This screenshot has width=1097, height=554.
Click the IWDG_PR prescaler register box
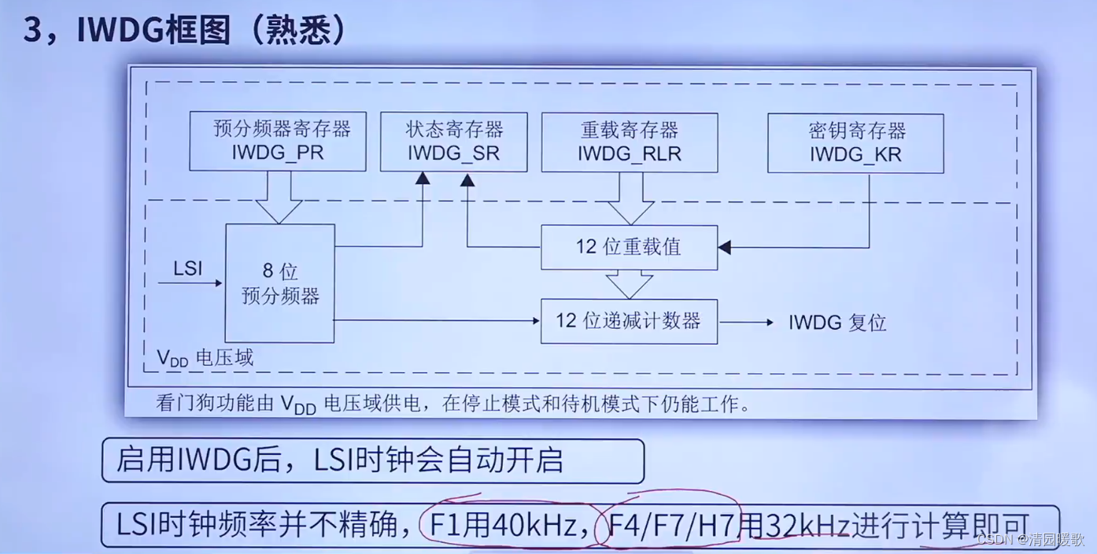click(x=278, y=142)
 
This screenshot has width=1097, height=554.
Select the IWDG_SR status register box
click(x=454, y=142)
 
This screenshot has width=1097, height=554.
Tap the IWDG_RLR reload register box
click(x=630, y=142)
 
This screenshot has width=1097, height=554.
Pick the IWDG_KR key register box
click(x=855, y=142)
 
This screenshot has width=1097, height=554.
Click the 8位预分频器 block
click(x=279, y=283)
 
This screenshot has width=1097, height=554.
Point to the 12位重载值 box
click(x=629, y=247)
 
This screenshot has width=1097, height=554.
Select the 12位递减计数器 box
click(x=629, y=321)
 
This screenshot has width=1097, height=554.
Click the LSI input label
click(x=188, y=269)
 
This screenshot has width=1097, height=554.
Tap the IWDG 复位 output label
click(x=837, y=323)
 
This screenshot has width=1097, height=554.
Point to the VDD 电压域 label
click(x=205, y=358)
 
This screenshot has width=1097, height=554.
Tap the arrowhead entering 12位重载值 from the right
click(x=725, y=247)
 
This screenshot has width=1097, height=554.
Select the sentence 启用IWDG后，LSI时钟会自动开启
click(x=340, y=460)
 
